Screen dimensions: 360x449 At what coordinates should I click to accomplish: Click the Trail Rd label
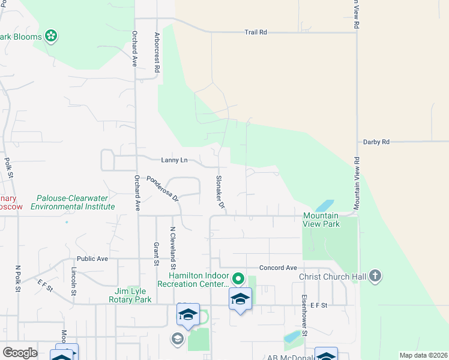coord(255,32)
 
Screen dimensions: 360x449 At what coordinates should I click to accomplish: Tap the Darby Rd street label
coord(376,142)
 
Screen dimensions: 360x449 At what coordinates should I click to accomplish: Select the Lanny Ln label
coord(174,160)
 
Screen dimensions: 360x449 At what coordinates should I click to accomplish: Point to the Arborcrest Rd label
coord(157,53)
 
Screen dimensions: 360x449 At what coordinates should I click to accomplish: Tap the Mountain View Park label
coord(321,220)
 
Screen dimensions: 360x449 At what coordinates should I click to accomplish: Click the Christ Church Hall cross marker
coord(375,276)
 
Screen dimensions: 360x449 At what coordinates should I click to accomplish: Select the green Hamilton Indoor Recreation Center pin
coord(238,279)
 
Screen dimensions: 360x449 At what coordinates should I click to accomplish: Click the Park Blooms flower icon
coord(52,37)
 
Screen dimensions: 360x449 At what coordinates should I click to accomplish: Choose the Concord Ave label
coord(278,268)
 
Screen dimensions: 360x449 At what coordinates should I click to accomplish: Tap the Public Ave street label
coord(92,259)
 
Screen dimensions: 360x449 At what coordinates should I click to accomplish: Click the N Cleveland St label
coord(173,248)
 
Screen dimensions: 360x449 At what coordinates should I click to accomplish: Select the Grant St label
coord(156,253)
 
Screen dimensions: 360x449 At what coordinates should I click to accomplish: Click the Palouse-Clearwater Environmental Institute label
coord(73,202)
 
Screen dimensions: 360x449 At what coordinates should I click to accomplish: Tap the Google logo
coord(20,352)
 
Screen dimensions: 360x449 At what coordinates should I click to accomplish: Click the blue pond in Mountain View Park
coord(325,206)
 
